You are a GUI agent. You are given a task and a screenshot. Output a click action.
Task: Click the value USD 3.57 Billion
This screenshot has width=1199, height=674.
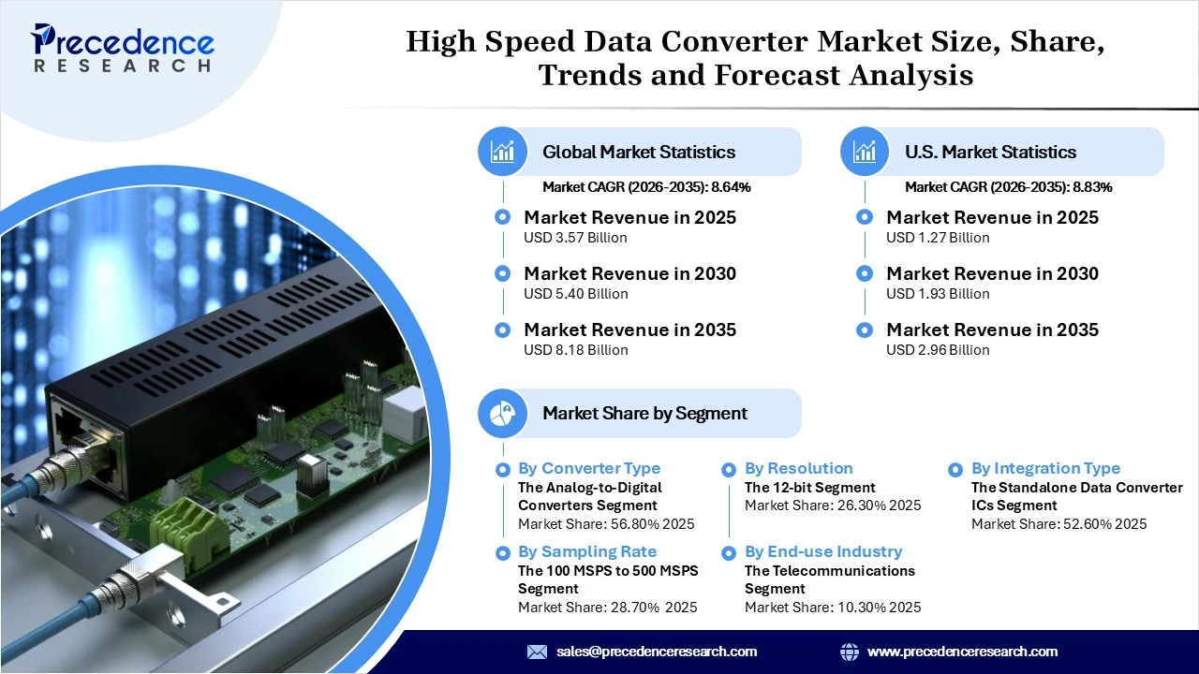[575, 238]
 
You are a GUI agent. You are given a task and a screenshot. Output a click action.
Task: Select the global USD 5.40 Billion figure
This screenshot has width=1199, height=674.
[575, 294]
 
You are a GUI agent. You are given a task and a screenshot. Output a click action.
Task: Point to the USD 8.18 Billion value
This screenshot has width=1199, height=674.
[575, 350]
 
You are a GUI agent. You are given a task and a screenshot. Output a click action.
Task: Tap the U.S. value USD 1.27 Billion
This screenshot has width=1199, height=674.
[938, 238]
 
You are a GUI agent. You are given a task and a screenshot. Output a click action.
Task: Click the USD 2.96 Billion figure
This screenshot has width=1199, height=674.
[938, 350]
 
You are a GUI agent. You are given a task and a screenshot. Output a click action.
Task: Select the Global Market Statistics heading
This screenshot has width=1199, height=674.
[639, 152]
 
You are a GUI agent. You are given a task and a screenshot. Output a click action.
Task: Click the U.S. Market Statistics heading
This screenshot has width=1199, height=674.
[990, 152]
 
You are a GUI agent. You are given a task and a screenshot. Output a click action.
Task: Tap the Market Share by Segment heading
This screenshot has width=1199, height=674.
[644, 413]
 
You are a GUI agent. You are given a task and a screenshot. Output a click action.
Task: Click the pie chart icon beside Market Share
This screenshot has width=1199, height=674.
[503, 413]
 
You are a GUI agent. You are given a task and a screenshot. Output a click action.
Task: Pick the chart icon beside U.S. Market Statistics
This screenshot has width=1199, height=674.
[865, 152]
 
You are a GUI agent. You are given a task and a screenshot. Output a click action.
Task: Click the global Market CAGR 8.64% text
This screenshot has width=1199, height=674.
[646, 187]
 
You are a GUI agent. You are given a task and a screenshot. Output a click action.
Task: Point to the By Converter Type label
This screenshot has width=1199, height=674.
[588, 468]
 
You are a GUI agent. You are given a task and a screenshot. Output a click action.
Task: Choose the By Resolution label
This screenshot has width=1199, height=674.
[798, 468]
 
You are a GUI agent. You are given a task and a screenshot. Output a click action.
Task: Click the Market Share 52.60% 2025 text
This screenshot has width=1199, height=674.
[1058, 524]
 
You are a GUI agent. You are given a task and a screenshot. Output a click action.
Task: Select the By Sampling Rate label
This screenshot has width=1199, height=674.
[586, 551]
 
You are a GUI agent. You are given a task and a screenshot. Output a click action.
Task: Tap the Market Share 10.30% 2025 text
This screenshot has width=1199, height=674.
[832, 608]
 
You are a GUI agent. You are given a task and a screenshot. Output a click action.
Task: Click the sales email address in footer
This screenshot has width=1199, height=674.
[656, 652]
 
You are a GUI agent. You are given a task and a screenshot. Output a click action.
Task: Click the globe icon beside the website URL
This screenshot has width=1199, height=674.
[850, 652]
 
